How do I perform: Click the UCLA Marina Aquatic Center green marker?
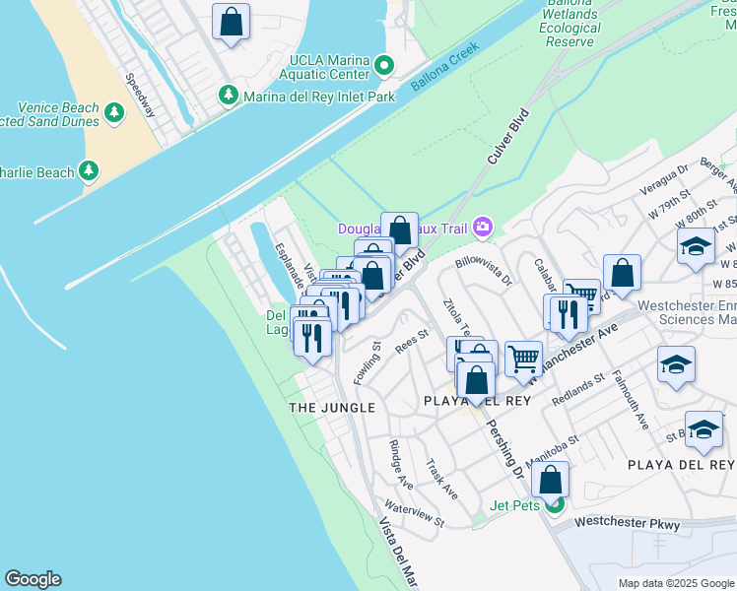tap(385, 67)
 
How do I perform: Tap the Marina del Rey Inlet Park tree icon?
tap(229, 96)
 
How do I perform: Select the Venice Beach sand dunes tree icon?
tap(114, 112)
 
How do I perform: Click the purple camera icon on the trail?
tap(482, 228)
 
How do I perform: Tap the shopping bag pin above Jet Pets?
tap(551, 480)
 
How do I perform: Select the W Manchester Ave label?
tap(575, 351)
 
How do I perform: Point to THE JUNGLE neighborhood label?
tap(331, 407)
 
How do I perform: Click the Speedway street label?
tap(140, 96)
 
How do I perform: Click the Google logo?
tap(33, 579)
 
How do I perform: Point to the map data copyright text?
tap(676, 583)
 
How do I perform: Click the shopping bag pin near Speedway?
tap(231, 22)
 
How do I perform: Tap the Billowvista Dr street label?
tap(483, 270)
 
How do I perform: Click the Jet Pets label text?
tap(515, 506)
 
